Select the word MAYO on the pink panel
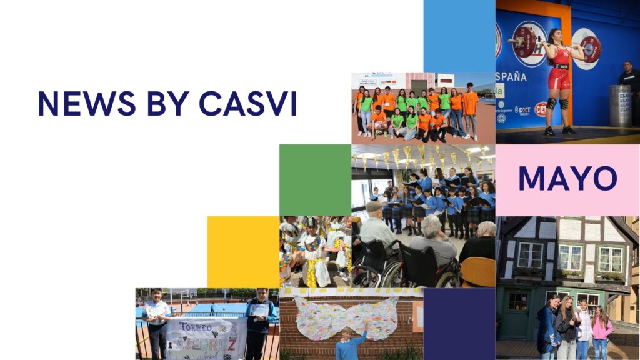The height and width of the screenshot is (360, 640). pos(567,179)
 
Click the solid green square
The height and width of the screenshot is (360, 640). pos(315,180)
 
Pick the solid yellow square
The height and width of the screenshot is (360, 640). pos(243,252)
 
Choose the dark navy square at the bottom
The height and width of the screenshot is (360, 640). pos(459,324)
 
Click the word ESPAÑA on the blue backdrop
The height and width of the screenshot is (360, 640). pos(511,77)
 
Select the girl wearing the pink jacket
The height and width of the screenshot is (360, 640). pos(602,331)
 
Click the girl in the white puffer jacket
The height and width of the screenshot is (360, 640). pos(584,327)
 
